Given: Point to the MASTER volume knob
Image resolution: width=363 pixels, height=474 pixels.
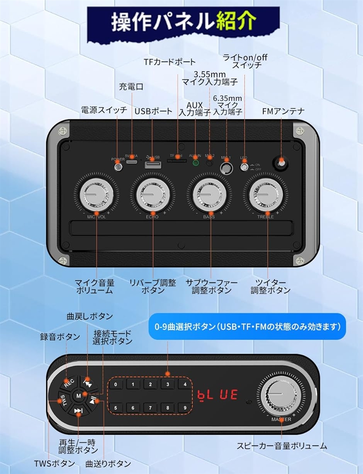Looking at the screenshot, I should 281,395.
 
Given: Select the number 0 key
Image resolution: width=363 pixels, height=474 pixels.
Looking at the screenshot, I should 116,384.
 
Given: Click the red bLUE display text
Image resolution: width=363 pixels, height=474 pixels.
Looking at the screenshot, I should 217,394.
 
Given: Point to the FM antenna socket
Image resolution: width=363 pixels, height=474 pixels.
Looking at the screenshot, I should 281,163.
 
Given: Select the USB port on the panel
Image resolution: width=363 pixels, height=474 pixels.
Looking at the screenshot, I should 150,164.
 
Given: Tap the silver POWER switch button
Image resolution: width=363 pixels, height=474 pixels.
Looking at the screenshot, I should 118,167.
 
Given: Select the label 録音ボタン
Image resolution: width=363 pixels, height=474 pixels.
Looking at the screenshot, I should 60,337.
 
